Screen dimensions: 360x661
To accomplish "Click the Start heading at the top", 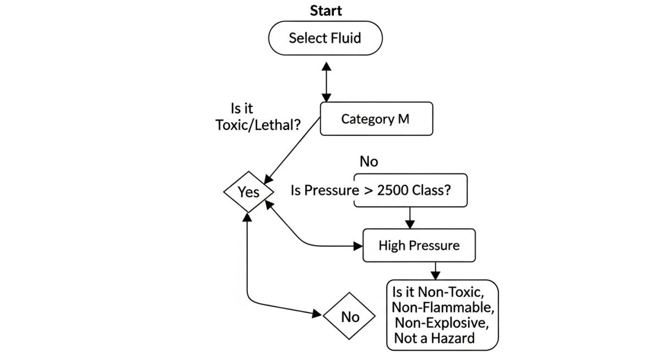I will tap(326, 10).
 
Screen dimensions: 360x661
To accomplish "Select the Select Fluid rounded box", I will tap(325, 38).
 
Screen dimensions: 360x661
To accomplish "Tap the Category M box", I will tap(376, 119).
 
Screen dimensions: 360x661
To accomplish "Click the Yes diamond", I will tap(248, 192).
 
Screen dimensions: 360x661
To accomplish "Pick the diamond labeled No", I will tap(350, 317).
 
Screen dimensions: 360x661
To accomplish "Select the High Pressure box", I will tap(419, 245).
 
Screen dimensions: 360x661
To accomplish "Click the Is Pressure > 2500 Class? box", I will tap(410, 190).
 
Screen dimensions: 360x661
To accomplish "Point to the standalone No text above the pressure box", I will tap(369, 161).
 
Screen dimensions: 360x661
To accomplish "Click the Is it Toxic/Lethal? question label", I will tap(258, 117).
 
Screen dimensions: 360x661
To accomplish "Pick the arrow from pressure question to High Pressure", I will tap(409, 218).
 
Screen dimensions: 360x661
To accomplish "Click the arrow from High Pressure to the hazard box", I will tap(436, 271).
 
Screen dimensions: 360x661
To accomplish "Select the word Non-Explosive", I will tap(441, 322).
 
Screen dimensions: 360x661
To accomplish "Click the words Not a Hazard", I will tap(434, 338).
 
